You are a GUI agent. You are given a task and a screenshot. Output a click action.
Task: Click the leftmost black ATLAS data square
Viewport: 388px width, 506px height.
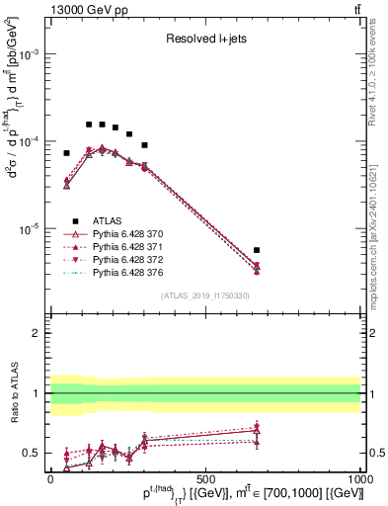click(x=66, y=153)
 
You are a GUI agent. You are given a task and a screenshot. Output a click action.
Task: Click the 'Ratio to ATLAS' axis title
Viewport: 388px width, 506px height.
click(x=12, y=392)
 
